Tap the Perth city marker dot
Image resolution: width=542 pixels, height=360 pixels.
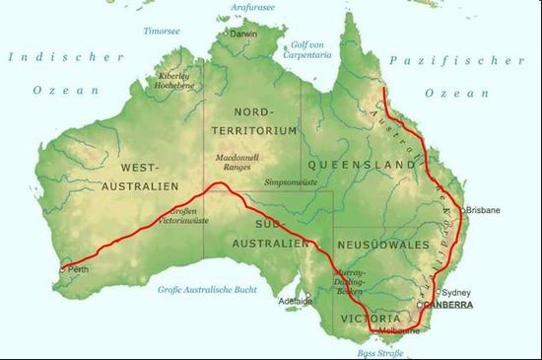(63, 268)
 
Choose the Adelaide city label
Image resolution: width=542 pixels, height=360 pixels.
(295, 300)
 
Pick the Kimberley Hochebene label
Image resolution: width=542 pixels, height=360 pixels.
(174, 81)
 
